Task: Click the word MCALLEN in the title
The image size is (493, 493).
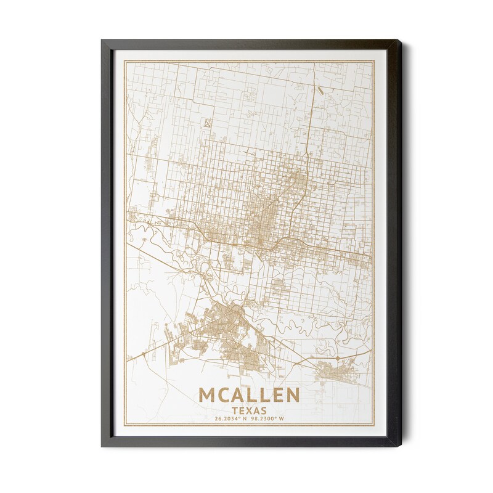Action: click(249, 395)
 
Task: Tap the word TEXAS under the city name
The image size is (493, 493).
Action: click(249, 409)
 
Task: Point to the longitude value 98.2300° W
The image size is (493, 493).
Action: click(268, 419)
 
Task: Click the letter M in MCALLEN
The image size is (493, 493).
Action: click(208, 395)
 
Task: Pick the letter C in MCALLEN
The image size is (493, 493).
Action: click(224, 395)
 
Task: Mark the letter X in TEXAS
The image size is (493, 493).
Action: click(250, 409)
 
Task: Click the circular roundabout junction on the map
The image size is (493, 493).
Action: click(337, 358)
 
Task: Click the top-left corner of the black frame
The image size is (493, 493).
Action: click(102, 41)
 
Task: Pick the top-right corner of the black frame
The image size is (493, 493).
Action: click(401, 41)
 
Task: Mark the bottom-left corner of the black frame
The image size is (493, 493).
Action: click(102, 446)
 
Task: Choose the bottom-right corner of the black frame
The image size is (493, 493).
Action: click(401, 446)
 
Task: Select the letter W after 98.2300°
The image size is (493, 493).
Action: click(282, 419)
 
